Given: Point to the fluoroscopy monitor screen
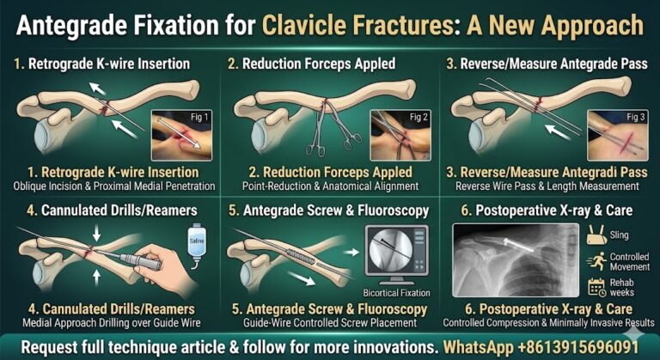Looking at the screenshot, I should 394,254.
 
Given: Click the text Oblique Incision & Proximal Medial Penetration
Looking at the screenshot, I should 109,186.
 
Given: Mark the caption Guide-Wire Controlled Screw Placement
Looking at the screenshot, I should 332,323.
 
